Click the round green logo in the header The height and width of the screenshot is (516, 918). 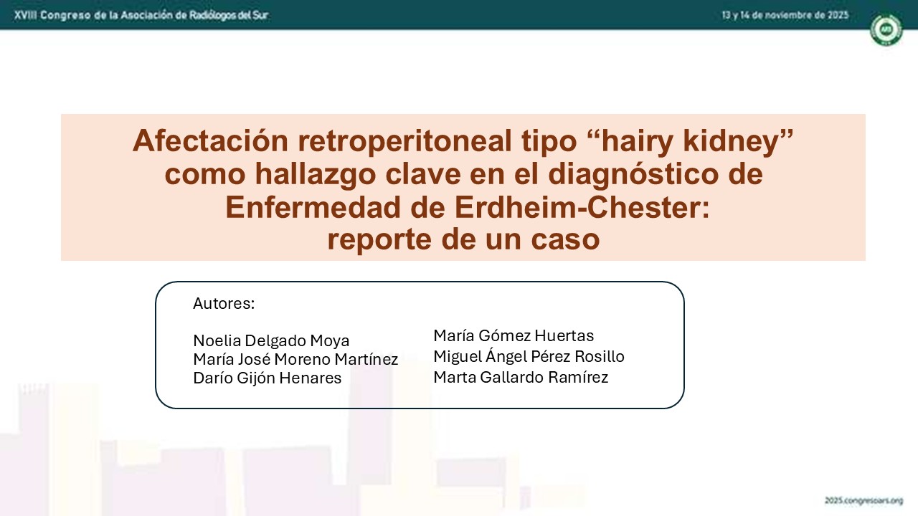point(886,29)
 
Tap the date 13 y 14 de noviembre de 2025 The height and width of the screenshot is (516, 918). point(785,16)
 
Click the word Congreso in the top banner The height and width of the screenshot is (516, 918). point(65,16)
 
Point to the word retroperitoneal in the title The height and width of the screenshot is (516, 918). point(405,141)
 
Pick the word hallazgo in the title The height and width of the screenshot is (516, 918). point(316,174)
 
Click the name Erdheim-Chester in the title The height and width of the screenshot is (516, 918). point(582,207)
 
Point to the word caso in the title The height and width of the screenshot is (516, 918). point(565,240)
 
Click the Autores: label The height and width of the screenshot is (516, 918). point(224,303)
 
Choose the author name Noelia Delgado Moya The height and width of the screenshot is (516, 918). point(271,340)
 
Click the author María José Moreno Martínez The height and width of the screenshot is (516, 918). point(295,359)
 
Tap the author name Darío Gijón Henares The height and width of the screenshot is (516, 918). point(268,378)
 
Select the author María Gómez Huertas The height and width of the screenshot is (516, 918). point(514,335)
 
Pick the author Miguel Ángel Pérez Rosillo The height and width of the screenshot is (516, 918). point(529,356)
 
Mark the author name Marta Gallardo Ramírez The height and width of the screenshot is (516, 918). point(521,377)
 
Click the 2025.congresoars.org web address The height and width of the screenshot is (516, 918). point(864,500)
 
